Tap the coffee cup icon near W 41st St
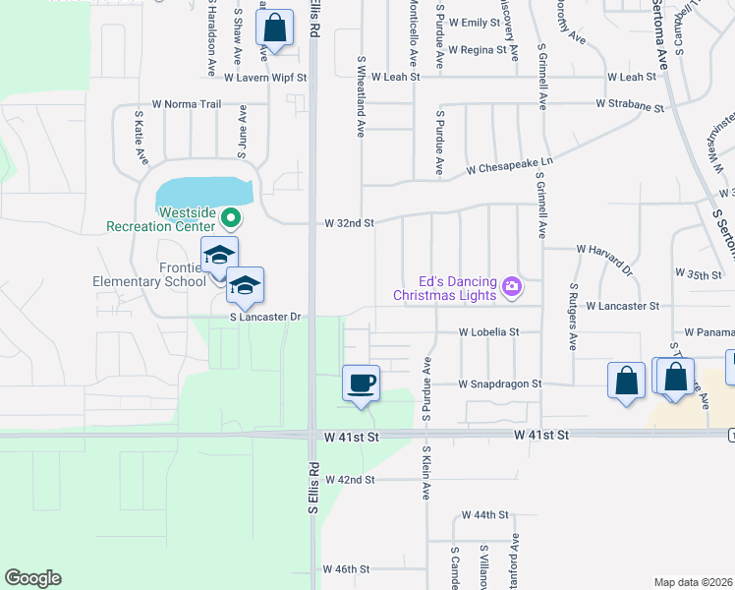coord(361,382)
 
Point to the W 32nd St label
coord(350,223)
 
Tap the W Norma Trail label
coord(187,103)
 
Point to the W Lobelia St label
coord(488,332)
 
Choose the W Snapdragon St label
coord(500,383)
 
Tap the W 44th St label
coord(483,514)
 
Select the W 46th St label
coord(346,569)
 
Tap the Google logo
coord(32,578)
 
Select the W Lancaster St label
coord(622,306)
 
